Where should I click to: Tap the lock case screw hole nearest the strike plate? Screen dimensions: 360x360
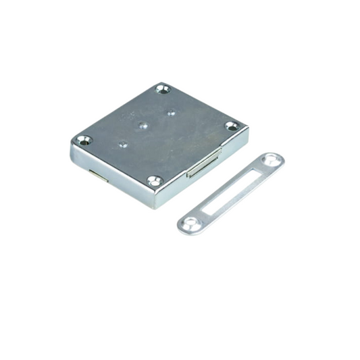point(231,126)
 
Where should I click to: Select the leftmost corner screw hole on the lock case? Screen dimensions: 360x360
point(83,140)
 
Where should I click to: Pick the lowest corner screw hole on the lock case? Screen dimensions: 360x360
point(155,181)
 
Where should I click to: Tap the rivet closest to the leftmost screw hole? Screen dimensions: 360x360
point(122,143)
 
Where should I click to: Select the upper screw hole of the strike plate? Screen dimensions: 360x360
point(272,160)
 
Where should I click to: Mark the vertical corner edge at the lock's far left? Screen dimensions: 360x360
point(72,152)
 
